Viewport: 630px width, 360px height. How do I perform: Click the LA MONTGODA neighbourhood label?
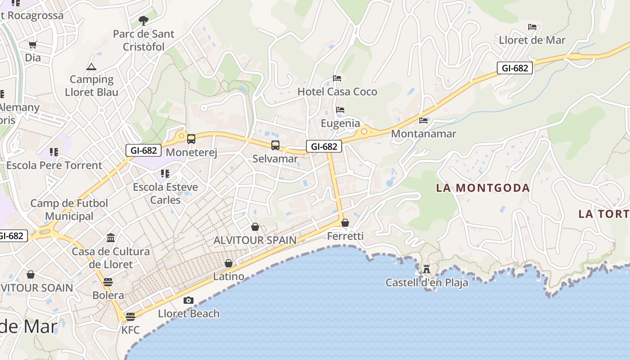point(483,188)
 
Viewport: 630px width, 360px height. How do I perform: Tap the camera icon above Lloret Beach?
point(189,300)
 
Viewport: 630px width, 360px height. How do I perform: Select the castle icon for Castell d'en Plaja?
point(427,269)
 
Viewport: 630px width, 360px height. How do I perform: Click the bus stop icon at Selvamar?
point(275,145)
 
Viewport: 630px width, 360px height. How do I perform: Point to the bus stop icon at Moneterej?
point(191,139)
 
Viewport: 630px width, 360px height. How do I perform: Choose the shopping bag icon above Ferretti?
point(345,223)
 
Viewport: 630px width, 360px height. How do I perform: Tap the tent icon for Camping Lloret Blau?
point(91,67)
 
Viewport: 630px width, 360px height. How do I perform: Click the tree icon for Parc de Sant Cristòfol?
point(143,20)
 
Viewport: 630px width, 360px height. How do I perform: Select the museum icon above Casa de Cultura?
point(111,238)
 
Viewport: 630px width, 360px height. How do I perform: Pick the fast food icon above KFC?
point(130,316)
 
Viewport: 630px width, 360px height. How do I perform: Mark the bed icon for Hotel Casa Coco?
point(337,78)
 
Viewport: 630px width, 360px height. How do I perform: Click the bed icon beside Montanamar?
point(423,120)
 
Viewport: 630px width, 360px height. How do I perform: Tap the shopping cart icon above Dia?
point(32,45)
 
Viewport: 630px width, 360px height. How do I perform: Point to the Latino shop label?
point(229,276)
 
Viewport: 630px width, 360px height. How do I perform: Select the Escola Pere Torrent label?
point(54,165)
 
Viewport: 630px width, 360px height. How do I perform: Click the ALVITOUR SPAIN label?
point(255,240)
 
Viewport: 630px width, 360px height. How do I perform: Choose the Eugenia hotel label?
point(340,123)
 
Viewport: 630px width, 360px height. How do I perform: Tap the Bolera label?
point(108,295)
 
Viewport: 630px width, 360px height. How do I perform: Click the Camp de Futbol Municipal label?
point(69,210)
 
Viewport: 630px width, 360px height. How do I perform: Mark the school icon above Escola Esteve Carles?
point(165,173)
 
